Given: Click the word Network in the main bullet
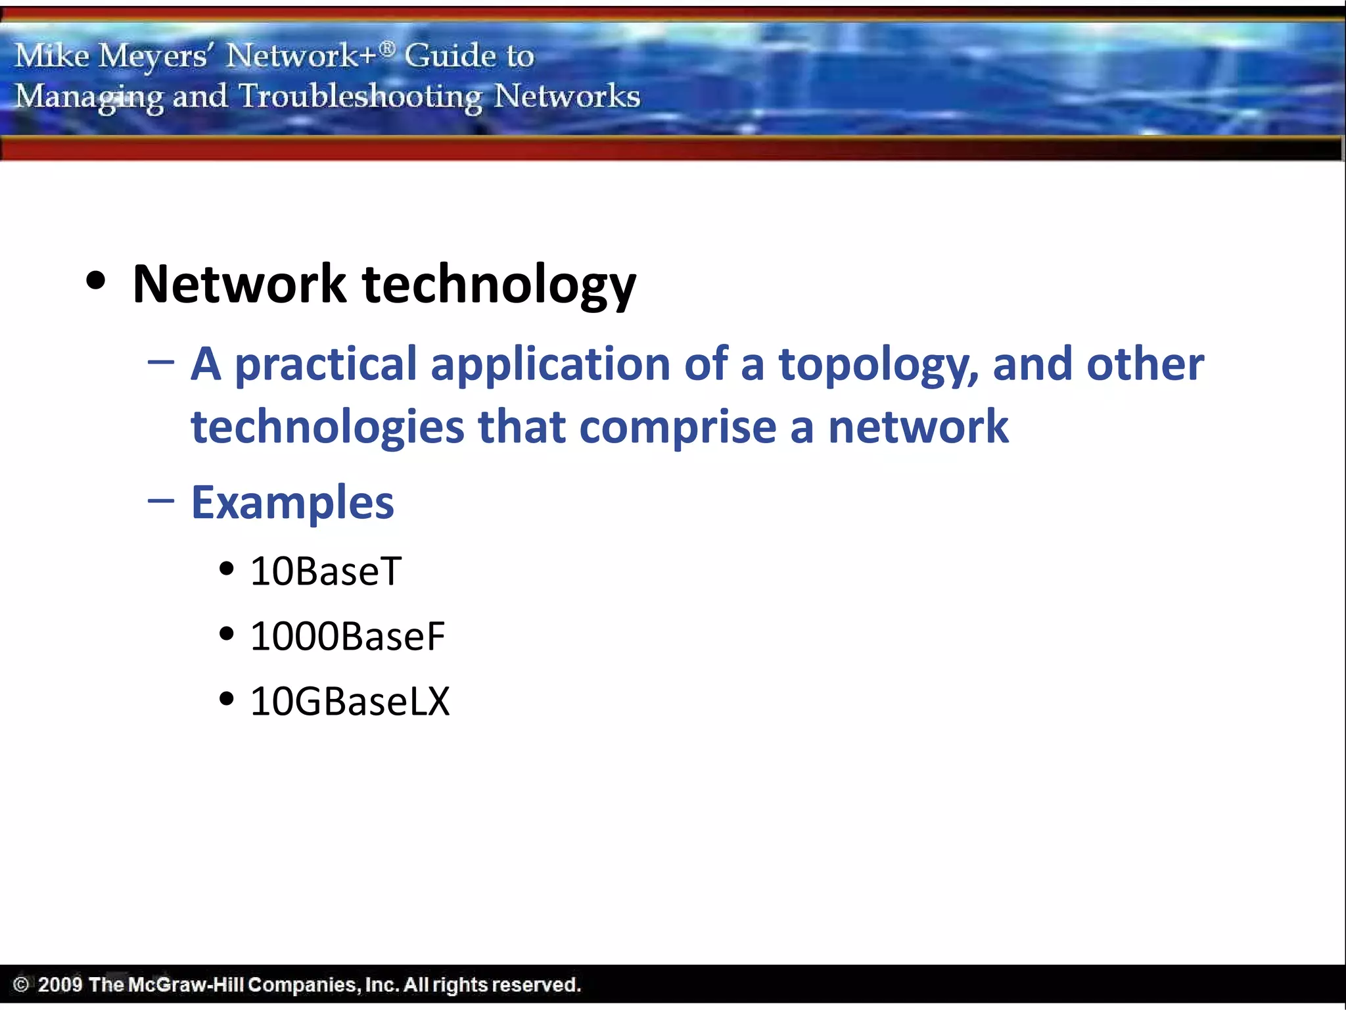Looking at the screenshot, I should [x=239, y=284].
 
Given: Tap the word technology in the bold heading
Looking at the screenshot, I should [x=499, y=285].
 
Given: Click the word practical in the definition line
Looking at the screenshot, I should [x=325, y=366].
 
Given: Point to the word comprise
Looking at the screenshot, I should [x=678, y=427].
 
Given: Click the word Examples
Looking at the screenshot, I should [x=292, y=502].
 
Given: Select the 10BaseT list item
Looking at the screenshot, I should [x=325, y=571].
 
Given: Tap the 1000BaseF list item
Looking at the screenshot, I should [x=347, y=636].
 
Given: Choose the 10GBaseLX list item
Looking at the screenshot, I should [x=350, y=701].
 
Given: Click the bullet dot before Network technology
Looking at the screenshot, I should [x=96, y=281].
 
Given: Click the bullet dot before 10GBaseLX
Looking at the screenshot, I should [x=227, y=698].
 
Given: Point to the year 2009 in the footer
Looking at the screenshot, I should [x=60, y=984].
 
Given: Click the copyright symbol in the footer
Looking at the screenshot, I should [x=21, y=984].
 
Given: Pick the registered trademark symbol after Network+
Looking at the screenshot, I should [x=388, y=48].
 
